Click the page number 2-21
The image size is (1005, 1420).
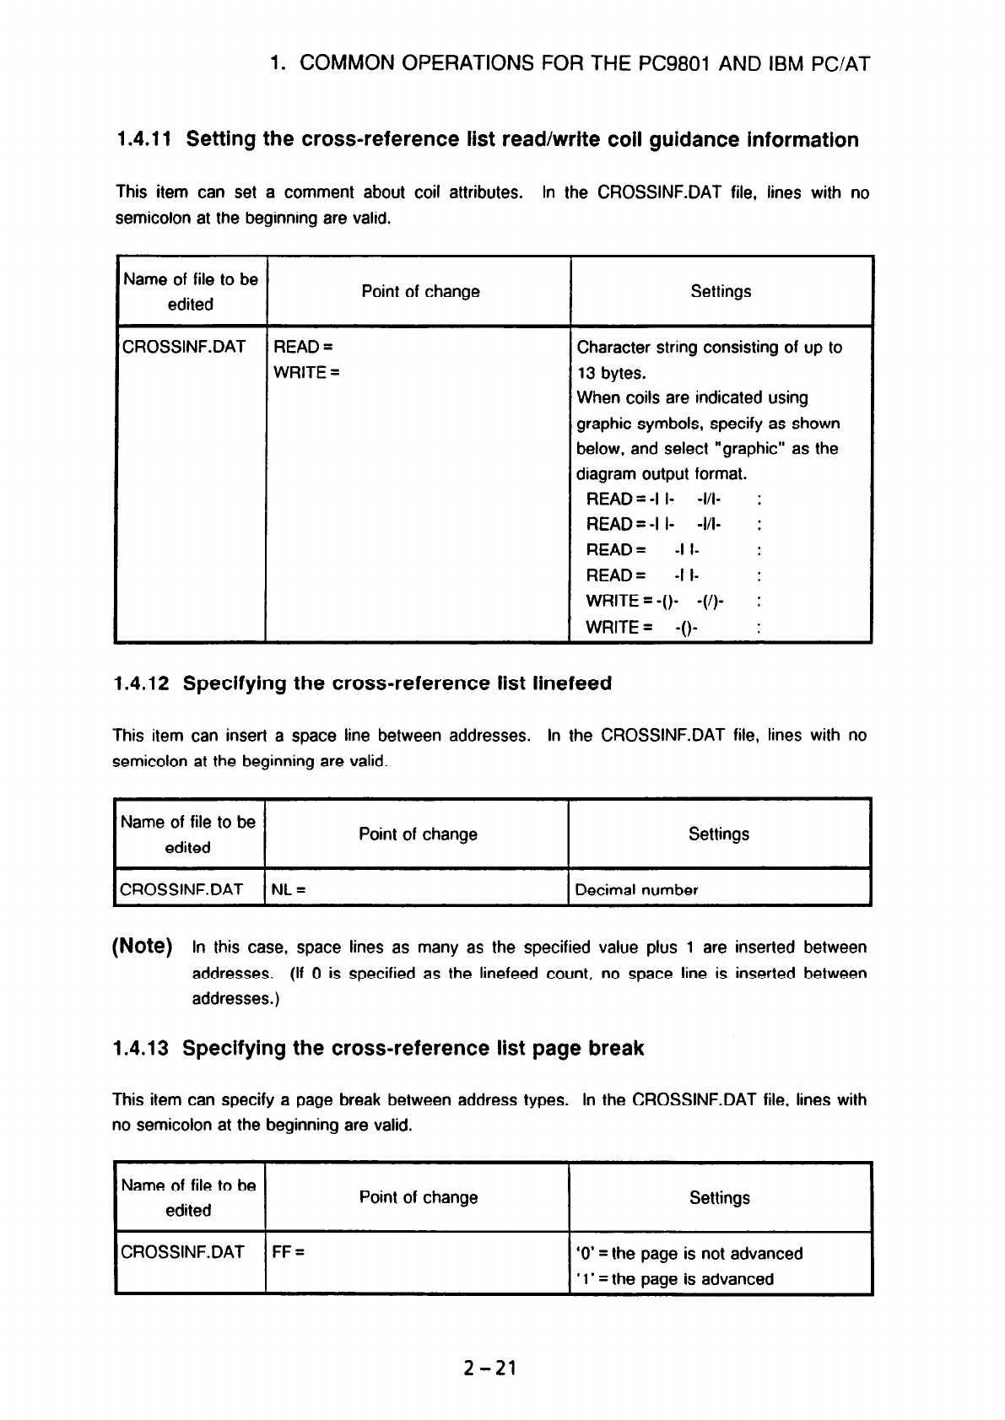(x=489, y=1369)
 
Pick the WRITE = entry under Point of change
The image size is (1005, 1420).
(x=306, y=373)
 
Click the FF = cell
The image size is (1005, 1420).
(x=289, y=1253)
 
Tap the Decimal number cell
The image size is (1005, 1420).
(x=636, y=889)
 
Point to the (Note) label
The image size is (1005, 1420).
(x=143, y=946)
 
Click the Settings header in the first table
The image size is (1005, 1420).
(x=721, y=292)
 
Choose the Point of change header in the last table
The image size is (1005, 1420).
(x=419, y=1197)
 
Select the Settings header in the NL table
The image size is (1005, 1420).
(x=719, y=834)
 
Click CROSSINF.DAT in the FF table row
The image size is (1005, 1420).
(x=182, y=1253)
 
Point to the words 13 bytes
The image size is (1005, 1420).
(x=612, y=373)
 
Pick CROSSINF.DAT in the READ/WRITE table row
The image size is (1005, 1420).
(x=184, y=348)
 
